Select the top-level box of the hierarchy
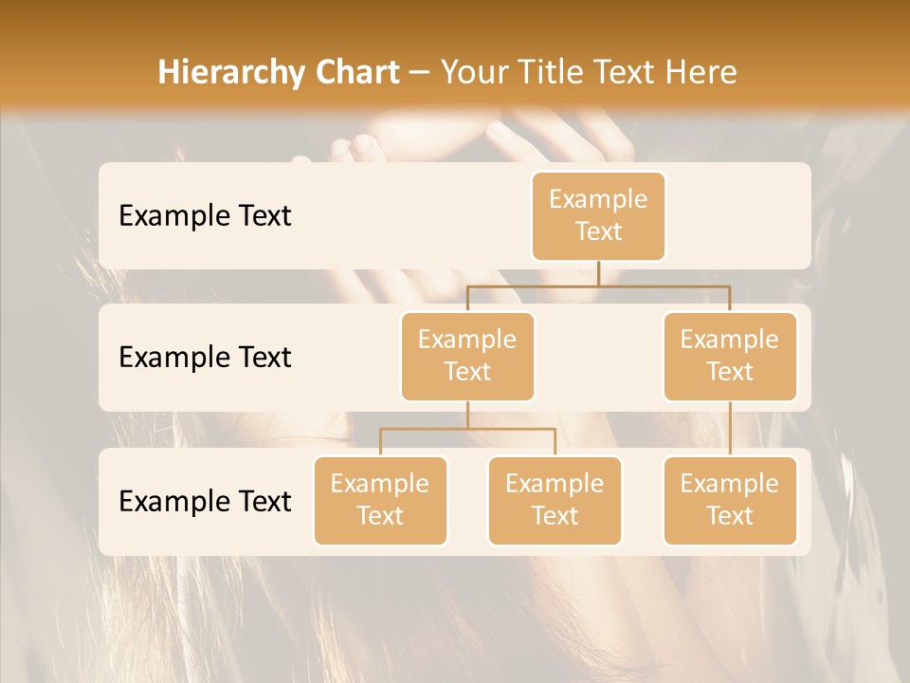598,216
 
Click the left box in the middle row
467,357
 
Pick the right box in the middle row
730,357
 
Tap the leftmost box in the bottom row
380,501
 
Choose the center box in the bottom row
555,501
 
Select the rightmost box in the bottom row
730,501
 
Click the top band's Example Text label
205,216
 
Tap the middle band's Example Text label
205,358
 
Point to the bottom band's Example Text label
205,501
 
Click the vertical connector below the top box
598,273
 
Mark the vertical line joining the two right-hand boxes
730,429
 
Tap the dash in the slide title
420,73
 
